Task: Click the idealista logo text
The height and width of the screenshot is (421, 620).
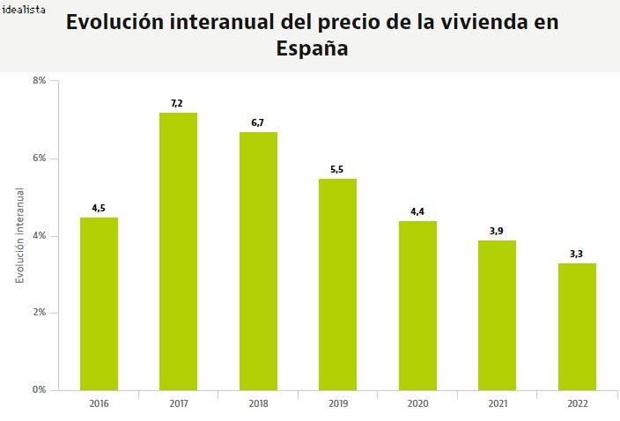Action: click(x=24, y=10)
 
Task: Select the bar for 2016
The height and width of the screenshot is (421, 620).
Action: click(x=99, y=304)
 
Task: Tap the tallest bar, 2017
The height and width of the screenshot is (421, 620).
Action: click(x=178, y=251)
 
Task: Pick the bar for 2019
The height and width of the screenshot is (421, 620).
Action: click(x=337, y=284)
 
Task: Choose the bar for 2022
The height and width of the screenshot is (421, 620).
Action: click(x=577, y=327)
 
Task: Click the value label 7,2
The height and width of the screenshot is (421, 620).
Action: click(x=177, y=104)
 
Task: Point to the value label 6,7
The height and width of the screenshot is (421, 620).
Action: click(x=257, y=123)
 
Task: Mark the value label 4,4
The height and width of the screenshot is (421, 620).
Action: click(x=417, y=211)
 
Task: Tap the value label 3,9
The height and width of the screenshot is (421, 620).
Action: click(x=497, y=231)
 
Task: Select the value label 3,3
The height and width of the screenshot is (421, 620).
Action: click(x=577, y=254)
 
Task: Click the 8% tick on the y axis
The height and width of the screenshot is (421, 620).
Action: click(x=40, y=81)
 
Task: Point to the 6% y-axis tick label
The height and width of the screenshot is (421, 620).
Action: click(x=40, y=159)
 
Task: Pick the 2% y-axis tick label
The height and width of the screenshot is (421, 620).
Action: click(x=40, y=313)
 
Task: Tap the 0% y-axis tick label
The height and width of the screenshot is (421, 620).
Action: click(x=40, y=390)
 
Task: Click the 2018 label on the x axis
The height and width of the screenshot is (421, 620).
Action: click(x=257, y=403)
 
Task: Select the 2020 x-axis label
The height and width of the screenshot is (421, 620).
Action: click(x=417, y=403)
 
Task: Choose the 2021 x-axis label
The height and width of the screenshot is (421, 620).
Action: click(x=497, y=403)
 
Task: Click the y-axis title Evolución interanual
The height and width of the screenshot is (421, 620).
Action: click(x=19, y=235)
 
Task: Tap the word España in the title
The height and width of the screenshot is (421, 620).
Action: click(x=312, y=50)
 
